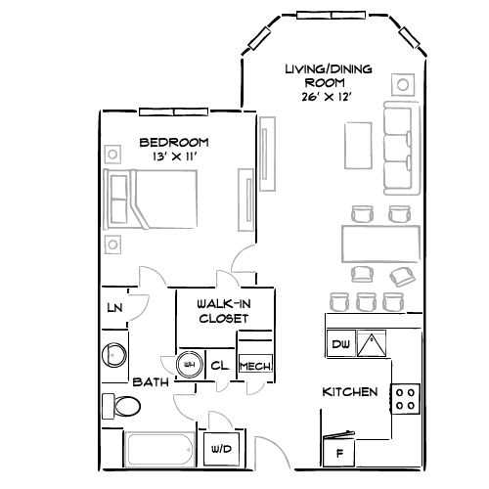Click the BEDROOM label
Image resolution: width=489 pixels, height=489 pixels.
tap(173, 141)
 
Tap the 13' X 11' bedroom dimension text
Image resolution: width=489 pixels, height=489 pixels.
tap(173, 156)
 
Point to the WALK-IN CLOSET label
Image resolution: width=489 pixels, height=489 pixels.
tap(222, 311)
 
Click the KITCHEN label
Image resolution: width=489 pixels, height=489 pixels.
tap(349, 392)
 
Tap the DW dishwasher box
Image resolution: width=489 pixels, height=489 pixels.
tap(340, 344)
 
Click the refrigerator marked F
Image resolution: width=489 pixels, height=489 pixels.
tap(338, 451)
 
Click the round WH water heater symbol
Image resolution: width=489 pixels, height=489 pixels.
tap(189, 365)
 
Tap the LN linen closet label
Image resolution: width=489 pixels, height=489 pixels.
tap(114, 309)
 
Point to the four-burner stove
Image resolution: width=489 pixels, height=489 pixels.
tap(405, 397)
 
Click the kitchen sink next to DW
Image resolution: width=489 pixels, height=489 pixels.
tap(371, 344)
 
